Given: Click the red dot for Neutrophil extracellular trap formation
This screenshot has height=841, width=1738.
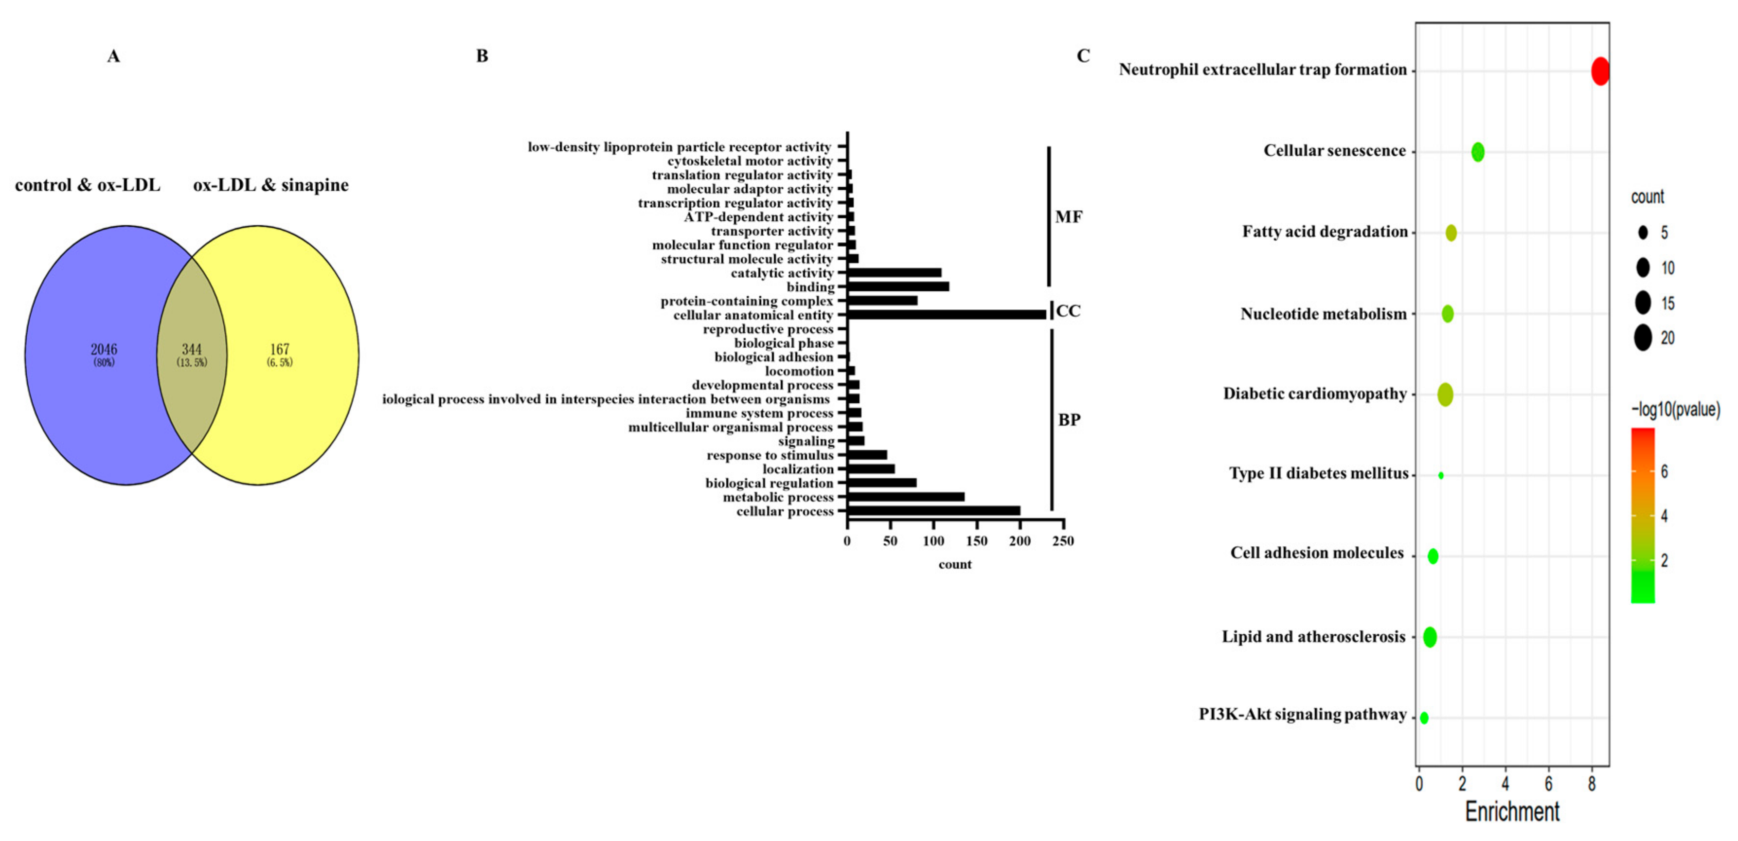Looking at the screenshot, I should tap(1600, 71).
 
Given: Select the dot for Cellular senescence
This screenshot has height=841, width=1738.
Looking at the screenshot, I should tap(1478, 152).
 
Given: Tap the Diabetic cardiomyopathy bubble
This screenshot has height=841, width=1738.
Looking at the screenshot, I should tap(1445, 394).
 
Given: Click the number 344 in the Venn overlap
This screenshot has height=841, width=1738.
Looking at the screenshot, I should tap(192, 349).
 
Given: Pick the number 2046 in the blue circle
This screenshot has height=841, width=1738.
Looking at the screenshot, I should tap(104, 349).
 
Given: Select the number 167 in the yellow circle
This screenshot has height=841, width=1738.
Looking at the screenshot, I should tap(279, 349).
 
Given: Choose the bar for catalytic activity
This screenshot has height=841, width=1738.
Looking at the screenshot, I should tap(894, 272).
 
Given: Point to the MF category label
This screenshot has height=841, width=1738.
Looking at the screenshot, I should tap(1069, 217).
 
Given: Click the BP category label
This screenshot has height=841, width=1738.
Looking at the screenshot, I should tap(1069, 420).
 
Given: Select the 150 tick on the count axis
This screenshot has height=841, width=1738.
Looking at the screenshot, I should tap(976, 541).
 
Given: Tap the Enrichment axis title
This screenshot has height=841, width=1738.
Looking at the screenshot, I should tap(1512, 811).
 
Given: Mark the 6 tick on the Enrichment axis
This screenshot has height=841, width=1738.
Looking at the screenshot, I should tap(1548, 785).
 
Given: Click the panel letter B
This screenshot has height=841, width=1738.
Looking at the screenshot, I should tap(482, 56).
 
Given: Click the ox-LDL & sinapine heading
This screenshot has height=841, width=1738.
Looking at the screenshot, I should tap(270, 185).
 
